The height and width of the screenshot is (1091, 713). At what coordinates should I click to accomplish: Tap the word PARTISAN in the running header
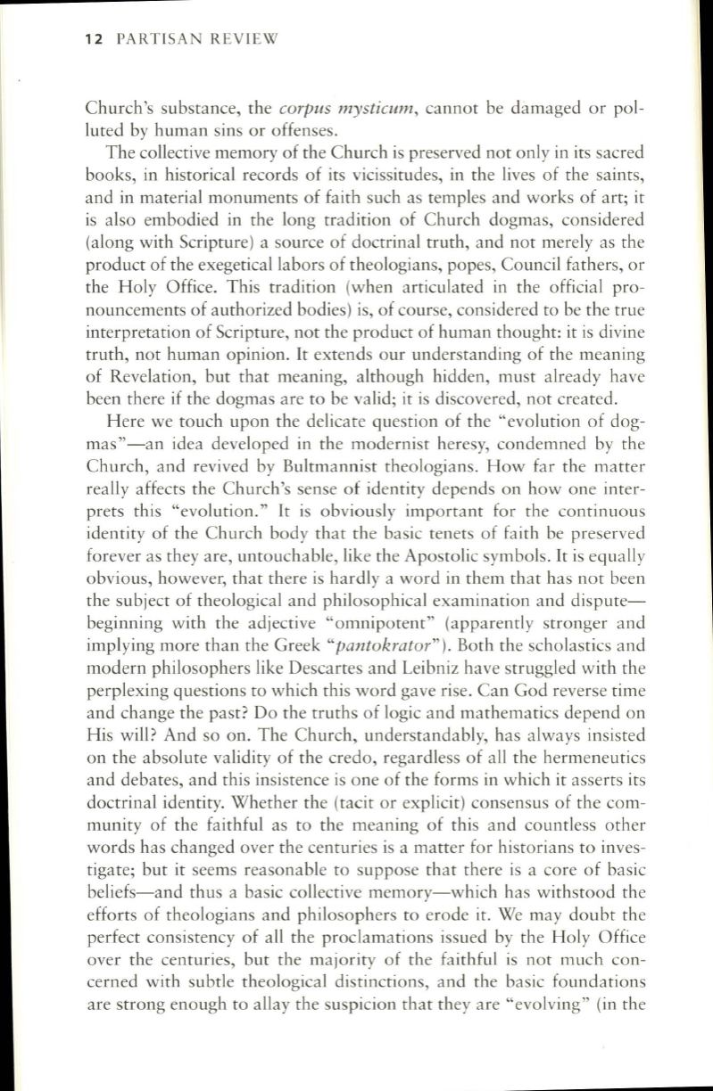tap(162, 38)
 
